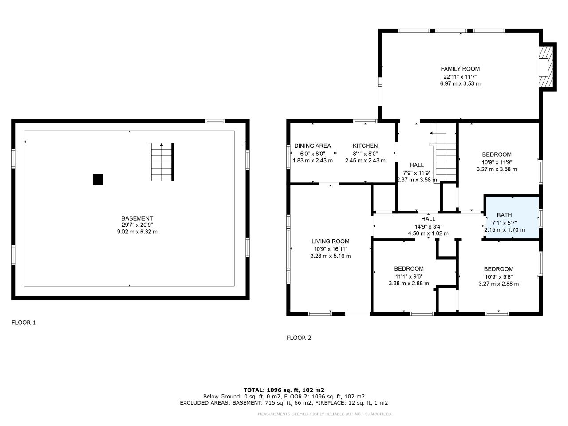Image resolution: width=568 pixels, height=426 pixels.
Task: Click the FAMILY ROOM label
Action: tap(460, 69)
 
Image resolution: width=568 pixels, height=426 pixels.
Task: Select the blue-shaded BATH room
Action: tap(512, 218)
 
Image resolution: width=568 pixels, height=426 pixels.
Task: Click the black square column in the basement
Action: tap(98, 179)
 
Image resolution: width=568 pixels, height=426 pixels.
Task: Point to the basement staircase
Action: tap(161, 162)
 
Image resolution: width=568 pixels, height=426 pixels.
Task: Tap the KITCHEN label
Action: tap(365, 146)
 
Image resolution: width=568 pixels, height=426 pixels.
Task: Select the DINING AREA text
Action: tap(312, 146)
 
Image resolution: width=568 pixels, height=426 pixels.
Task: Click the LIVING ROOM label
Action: tap(330, 241)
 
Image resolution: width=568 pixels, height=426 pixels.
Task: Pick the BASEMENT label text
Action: tap(137, 218)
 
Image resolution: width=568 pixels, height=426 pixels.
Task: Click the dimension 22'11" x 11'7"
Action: tap(460, 76)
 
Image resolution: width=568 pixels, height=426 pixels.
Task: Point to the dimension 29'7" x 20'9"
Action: tap(137, 225)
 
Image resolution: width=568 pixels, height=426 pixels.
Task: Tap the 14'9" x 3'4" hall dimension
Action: tap(428, 226)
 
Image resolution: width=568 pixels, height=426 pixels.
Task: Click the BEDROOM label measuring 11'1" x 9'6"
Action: tap(409, 268)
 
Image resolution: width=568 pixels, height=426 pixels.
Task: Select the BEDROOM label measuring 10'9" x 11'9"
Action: tap(497, 155)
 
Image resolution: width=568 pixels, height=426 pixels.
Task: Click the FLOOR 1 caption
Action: tap(24, 323)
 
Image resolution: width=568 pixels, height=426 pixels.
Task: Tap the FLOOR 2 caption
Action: tap(299, 338)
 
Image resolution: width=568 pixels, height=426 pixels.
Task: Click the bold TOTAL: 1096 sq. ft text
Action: tap(284, 390)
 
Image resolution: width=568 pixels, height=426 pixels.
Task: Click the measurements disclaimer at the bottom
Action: tap(325, 414)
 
